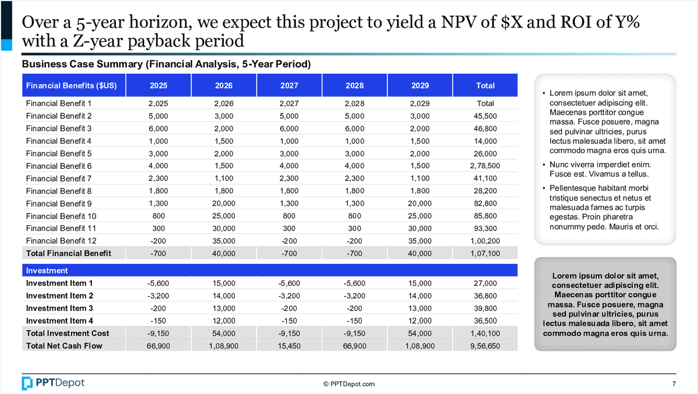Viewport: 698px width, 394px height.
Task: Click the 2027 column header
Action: (x=289, y=86)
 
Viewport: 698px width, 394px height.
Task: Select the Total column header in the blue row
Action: (x=485, y=86)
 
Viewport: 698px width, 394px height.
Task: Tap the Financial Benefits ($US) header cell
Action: (x=72, y=86)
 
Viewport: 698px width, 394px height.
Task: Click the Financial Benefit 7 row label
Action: (x=59, y=178)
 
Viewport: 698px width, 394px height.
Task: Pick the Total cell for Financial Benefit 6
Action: (x=485, y=166)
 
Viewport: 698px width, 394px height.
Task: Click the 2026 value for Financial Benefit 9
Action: (x=223, y=204)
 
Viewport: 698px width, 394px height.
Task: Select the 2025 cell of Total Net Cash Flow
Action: (x=158, y=346)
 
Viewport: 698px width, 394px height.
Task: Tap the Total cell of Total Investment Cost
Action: (x=485, y=333)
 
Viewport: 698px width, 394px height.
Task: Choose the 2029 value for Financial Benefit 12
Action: (x=420, y=241)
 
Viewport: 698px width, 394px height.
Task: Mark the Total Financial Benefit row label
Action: (x=68, y=253)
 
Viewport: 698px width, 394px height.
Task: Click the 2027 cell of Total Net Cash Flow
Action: (x=289, y=346)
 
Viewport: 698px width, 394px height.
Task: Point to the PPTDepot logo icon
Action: (x=27, y=383)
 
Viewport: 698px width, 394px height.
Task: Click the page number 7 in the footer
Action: (x=674, y=384)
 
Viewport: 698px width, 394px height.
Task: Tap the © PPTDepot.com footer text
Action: (x=349, y=384)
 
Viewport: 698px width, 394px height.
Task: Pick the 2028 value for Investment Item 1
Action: (x=354, y=283)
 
